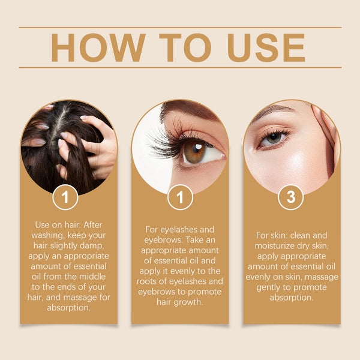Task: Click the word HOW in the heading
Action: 97,47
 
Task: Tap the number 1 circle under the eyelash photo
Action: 180,197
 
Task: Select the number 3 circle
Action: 291,197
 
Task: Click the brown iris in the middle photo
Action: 194,151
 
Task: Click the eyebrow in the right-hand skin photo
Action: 271,112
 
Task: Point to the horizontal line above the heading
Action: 180,28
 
